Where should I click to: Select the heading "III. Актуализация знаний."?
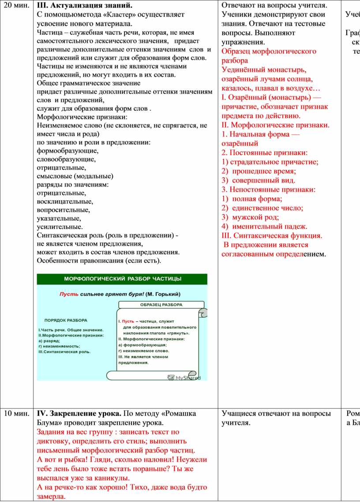click(x=84, y=6)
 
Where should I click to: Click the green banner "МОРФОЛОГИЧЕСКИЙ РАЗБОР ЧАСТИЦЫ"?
click(x=122, y=279)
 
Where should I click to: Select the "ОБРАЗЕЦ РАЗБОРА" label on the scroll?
click(x=161, y=305)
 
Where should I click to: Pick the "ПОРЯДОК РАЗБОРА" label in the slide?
click(x=66, y=320)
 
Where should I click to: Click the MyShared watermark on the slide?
click(x=185, y=378)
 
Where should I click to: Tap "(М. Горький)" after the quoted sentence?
click(x=163, y=294)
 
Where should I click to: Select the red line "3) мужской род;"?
click(x=250, y=217)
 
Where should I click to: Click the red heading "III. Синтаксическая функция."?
click(x=272, y=236)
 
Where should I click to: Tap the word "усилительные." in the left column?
click(x=60, y=227)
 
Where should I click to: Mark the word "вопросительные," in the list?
click(x=63, y=210)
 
